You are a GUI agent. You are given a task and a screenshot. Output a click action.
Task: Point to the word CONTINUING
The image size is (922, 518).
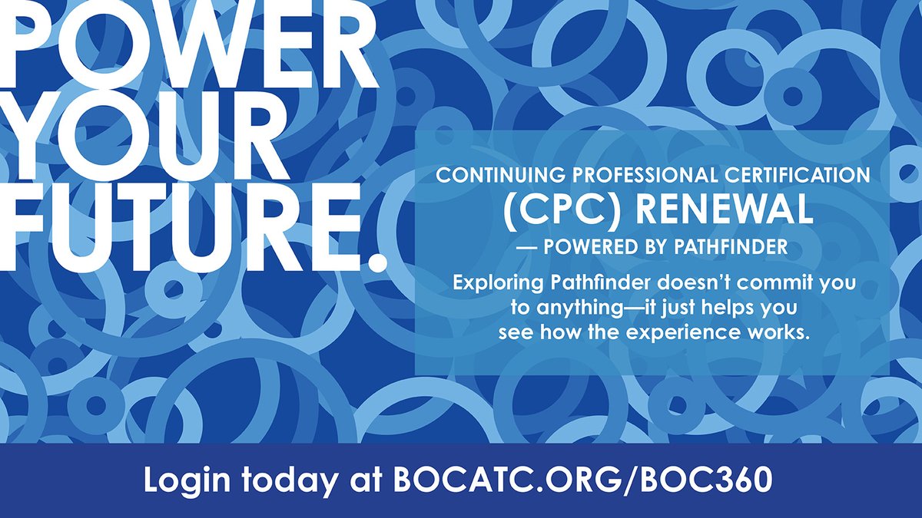pos(493,175)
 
